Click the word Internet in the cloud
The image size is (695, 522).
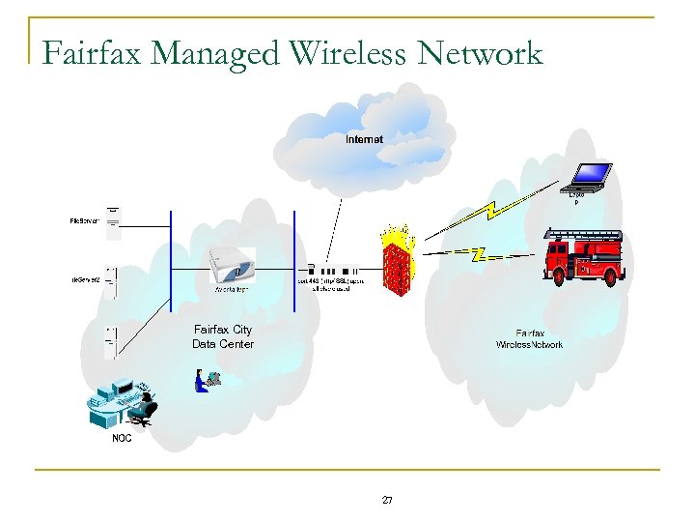click(x=364, y=139)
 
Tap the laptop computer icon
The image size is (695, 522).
click(x=588, y=176)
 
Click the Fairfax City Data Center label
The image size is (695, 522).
click(x=223, y=336)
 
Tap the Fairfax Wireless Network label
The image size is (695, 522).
click(x=529, y=338)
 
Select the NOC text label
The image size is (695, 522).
click(x=122, y=438)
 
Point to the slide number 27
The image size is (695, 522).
click(x=387, y=500)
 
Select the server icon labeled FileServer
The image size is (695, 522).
click(x=114, y=222)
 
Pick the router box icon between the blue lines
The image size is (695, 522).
click(x=233, y=266)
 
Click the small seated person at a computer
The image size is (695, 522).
click(x=206, y=379)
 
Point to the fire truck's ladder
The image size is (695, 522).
click(x=583, y=234)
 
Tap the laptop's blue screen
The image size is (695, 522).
click(x=590, y=173)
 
